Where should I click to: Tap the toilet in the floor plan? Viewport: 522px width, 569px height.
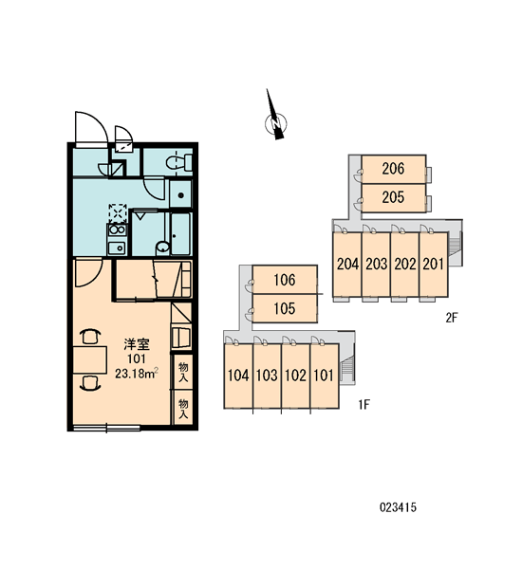point(179,162)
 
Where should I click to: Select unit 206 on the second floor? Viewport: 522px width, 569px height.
point(394,169)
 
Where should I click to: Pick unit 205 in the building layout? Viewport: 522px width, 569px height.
point(394,198)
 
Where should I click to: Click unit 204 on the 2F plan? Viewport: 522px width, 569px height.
point(347,265)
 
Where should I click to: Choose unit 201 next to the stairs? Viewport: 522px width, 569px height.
point(434,265)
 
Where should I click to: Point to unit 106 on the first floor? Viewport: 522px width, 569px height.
point(285,280)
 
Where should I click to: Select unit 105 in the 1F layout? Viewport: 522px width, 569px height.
point(285,308)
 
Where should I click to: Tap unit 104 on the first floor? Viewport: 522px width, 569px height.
point(238,376)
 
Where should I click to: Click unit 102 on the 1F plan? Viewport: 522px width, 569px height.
point(296,376)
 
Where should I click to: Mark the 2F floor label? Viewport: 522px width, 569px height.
point(452,319)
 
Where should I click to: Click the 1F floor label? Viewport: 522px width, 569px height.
point(364,404)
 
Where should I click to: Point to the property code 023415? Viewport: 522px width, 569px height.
point(398,507)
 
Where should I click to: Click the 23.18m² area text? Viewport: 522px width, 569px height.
point(137,373)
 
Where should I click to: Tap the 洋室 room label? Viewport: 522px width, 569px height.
point(137,344)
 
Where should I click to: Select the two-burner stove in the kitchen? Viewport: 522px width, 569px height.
point(117,230)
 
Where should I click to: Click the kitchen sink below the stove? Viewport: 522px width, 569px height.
point(117,248)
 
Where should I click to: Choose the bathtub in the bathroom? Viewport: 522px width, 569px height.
point(181,234)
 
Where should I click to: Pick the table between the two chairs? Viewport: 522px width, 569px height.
point(90,360)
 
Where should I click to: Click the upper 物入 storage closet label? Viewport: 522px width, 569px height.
point(183,372)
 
